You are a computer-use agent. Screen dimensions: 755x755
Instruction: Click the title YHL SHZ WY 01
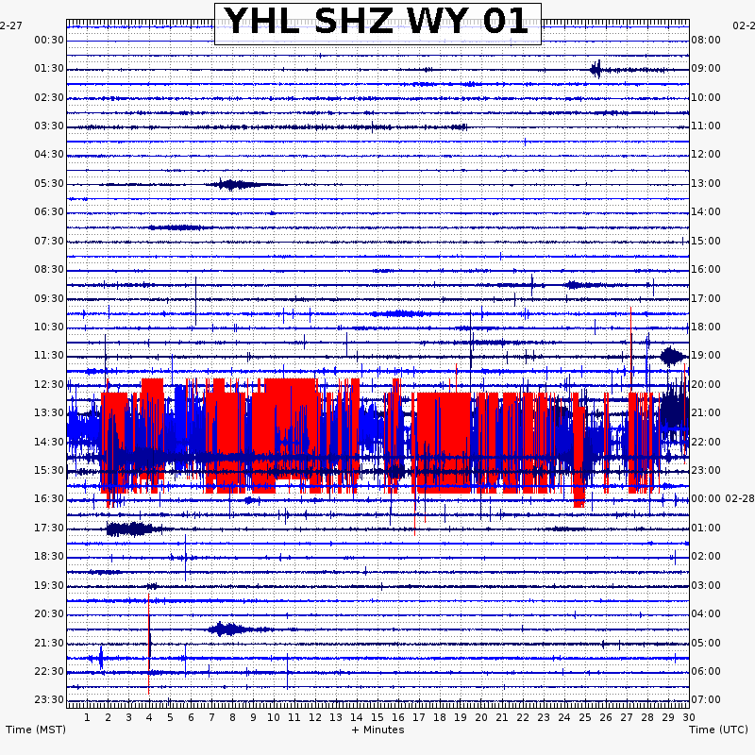click(x=377, y=23)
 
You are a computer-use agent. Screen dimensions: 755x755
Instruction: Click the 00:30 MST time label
click(x=49, y=40)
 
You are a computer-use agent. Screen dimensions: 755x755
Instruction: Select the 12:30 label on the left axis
click(x=49, y=384)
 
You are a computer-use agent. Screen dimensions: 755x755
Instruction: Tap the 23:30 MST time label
click(x=49, y=699)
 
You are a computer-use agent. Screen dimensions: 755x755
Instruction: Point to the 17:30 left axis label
click(x=49, y=528)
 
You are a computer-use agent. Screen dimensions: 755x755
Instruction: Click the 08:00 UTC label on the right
click(x=706, y=40)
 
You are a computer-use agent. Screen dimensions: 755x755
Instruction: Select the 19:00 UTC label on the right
click(x=706, y=355)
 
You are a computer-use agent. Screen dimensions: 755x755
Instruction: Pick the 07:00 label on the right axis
click(x=706, y=699)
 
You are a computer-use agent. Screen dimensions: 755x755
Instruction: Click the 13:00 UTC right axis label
click(x=706, y=183)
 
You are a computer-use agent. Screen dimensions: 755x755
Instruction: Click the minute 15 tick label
click(x=377, y=717)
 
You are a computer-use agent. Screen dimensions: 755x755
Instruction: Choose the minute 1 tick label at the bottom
click(x=87, y=717)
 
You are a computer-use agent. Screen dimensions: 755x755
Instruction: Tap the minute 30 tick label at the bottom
click(x=688, y=717)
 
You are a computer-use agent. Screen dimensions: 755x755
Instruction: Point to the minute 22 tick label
click(x=523, y=717)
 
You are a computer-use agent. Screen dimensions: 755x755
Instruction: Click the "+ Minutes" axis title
click(x=377, y=730)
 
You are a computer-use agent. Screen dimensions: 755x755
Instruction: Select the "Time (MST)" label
click(x=36, y=730)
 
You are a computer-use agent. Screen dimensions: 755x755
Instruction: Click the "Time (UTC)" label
click(x=718, y=730)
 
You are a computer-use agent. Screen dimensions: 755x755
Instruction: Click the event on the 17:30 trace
click(x=128, y=528)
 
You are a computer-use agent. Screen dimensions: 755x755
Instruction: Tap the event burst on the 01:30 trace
click(x=596, y=69)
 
